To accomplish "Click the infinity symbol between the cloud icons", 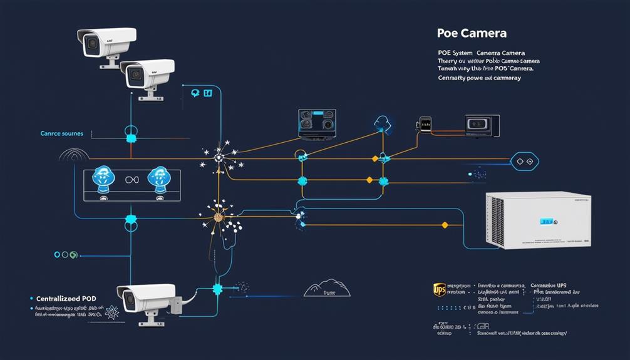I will [x=132, y=180].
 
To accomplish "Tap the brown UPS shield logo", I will [x=440, y=290].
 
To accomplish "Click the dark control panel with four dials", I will [x=317, y=123].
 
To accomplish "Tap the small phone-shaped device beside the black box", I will [x=425, y=125].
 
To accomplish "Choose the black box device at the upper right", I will [x=482, y=125].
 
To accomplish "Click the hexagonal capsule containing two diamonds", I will [x=525, y=162].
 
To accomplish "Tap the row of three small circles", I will [x=65, y=255].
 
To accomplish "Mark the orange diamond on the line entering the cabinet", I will [x=445, y=224].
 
